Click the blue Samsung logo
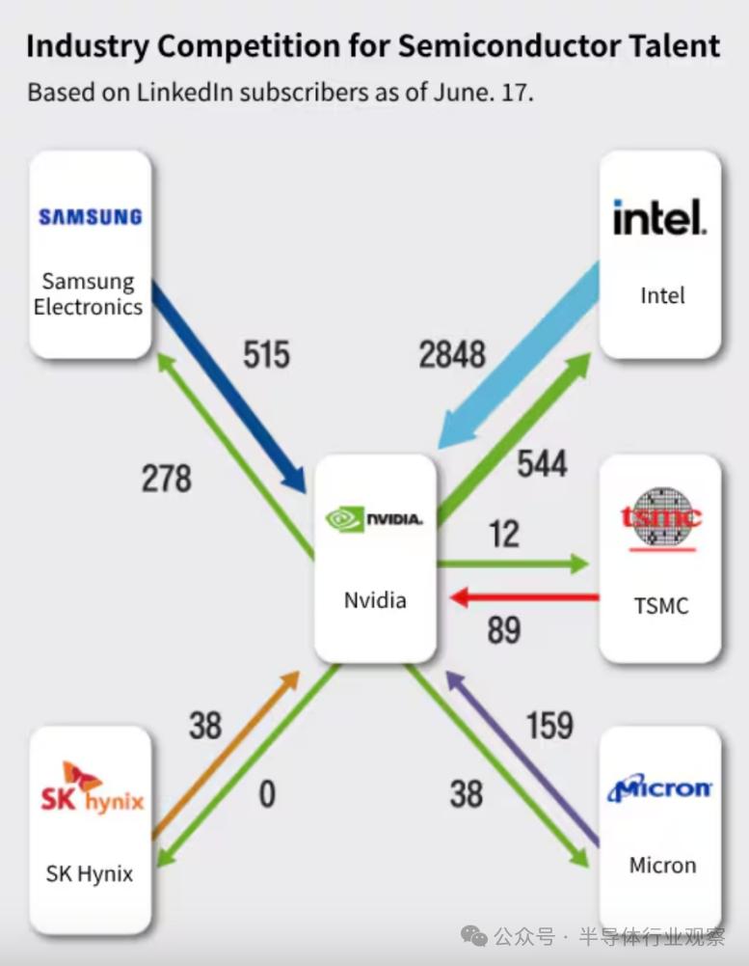(90, 217)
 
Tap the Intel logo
(659, 217)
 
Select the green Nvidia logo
(374, 519)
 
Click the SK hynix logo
(92, 788)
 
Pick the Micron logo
(659, 787)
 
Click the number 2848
(452, 355)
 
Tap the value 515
(266, 355)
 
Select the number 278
(166, 479)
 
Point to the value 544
(542, 464)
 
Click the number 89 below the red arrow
(504, 629)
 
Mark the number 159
(549, 725)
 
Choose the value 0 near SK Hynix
(267, 793)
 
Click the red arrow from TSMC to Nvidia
(524, 597)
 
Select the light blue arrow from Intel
(519, 355)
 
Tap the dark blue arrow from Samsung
(229, 388)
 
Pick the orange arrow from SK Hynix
(226, 756)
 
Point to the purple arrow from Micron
(522, 759)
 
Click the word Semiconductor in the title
(509, 46)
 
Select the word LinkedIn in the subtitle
(184, 93)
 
